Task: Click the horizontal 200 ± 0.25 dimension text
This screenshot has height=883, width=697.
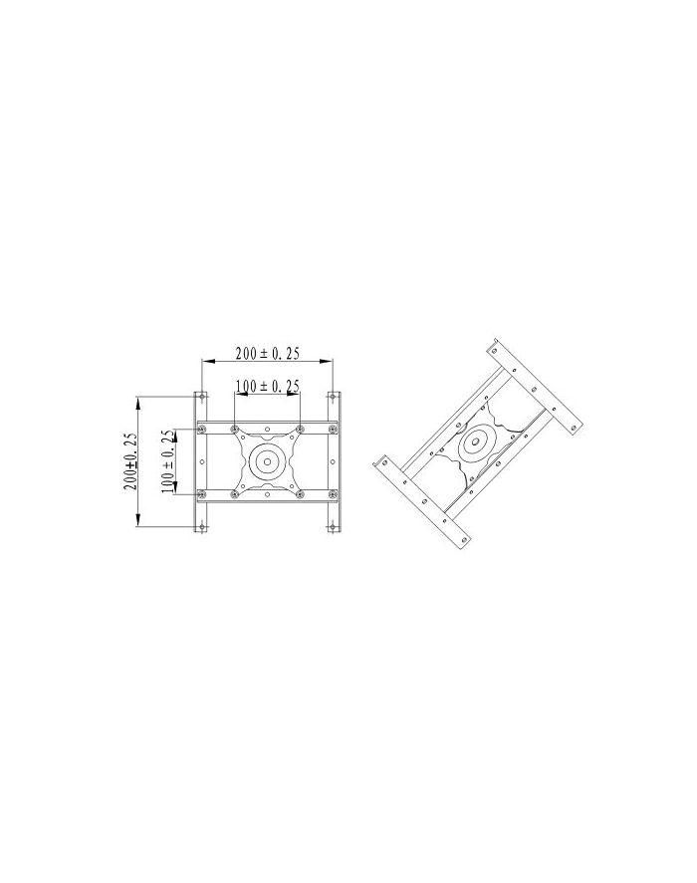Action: (267, 353)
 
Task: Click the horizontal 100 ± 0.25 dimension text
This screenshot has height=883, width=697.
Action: (267, 387)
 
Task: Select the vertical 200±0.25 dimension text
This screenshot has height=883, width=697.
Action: (130, 461)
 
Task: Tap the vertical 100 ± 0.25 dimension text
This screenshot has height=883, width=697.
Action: (167, 461)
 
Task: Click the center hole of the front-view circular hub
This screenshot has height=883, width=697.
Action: (267, 461)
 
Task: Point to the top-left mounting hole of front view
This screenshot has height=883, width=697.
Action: (201, 397)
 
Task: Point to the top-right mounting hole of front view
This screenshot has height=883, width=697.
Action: (333, 397)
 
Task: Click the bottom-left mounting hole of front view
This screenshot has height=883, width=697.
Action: (201, 527)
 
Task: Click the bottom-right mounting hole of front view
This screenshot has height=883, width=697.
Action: (333, 527)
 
